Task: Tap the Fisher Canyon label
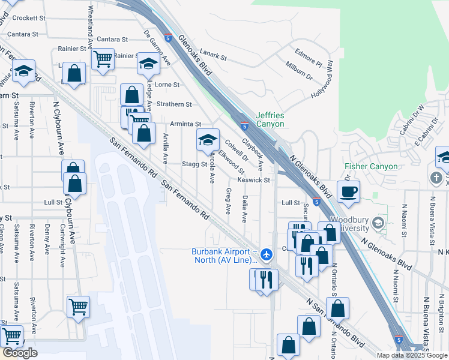(x=371, y=166)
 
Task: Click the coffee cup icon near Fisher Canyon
(x=348, y=192)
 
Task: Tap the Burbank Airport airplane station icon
(x=267, y=255)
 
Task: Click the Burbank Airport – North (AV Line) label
(x=224, y=256)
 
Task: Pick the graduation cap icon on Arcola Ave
(x=208, y=140)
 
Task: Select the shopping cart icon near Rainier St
(x=103, y=59)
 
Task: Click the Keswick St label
(x=255, y=179)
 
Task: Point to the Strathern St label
(x=173, y=104)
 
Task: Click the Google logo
(x=19, y=353)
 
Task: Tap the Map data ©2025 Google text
(x=412, y=355)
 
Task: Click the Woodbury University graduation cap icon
(x=378, y=223)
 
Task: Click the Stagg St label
(x=194, y=164)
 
